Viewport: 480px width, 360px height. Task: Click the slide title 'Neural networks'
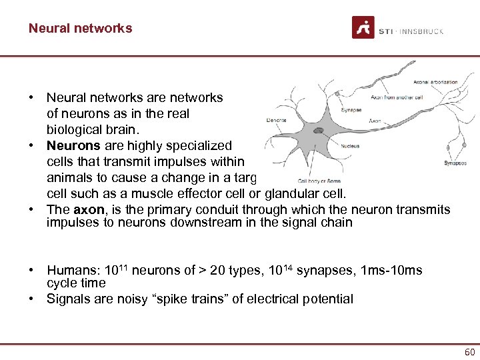pos(80,28)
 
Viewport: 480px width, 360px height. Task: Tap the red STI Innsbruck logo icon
pos(363,27)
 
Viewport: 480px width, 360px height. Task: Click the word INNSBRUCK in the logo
pos(421,31)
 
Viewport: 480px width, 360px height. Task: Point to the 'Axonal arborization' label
pos(435,82)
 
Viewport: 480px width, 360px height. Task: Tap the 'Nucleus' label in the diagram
pos(351,146)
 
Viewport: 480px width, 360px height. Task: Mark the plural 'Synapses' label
pos(455,163)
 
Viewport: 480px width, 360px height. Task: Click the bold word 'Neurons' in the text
pos(73,145)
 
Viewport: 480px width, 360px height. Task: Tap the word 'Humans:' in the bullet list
pos(71,271)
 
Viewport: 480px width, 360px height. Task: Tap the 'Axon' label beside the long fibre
pos(374,122)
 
